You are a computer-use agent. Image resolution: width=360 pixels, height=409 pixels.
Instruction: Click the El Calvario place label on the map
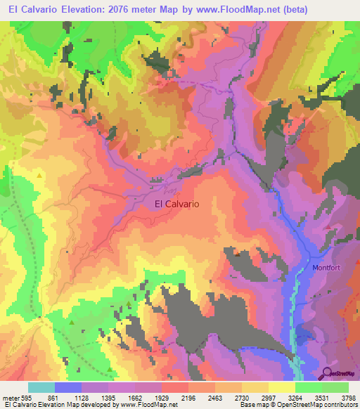click(176, 204)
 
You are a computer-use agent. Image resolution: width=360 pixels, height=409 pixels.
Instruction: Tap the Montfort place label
click(327, 268)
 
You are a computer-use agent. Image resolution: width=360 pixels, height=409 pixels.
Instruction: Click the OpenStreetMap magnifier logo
click(327, 373)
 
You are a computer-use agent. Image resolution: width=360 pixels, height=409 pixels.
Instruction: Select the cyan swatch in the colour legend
click(41, 387)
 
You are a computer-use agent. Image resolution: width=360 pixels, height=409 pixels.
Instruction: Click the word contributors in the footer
click(339, 405)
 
